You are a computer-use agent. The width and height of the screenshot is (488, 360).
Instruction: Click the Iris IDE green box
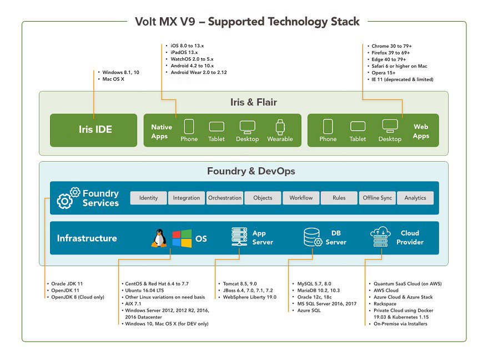[93, 130]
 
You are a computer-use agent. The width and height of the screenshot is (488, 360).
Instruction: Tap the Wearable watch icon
[280, 127]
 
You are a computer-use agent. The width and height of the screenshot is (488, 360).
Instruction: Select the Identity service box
[148, 198]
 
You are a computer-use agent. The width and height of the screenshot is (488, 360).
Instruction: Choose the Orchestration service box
[225, 198]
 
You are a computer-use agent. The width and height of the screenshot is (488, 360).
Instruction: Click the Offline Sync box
[378, 198]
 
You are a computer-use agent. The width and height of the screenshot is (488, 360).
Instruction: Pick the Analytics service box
[415, 198]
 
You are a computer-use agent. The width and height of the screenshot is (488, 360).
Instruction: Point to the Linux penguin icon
[159, 238]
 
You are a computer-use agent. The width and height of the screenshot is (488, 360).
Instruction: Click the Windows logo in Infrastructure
[181, 238]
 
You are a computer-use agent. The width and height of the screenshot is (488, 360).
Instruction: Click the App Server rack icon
[239, 238]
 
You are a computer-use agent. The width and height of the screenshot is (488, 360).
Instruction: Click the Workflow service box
[301, 198]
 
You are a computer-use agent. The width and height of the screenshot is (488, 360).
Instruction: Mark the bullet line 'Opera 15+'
[384, 73]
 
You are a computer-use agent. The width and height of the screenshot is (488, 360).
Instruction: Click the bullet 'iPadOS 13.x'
[184, 52]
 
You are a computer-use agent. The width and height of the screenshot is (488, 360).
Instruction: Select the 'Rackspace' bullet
[385, 304]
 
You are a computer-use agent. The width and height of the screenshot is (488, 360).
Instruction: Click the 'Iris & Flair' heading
[253, 102]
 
